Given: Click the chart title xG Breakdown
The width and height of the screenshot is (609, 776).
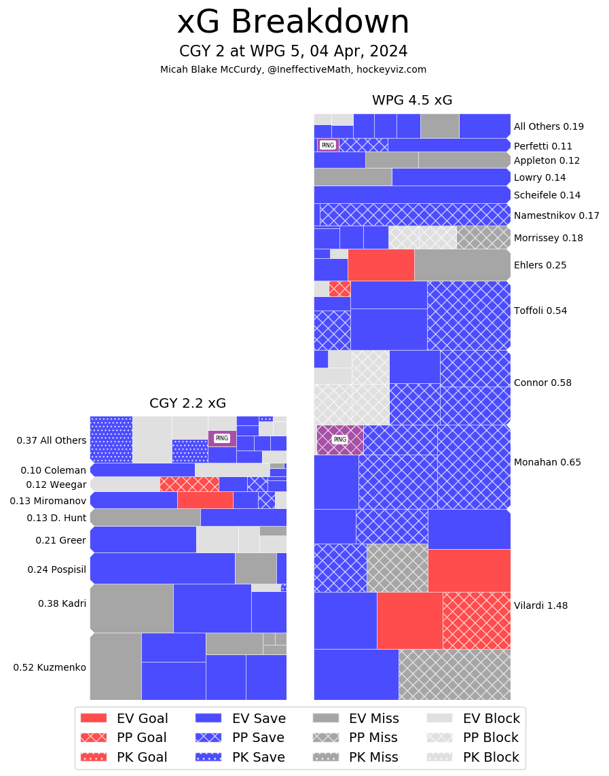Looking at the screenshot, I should [293, 23].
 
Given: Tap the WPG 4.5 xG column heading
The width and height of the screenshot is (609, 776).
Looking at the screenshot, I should [412, 101].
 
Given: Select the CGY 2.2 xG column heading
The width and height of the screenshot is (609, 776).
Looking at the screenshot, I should [188, 404].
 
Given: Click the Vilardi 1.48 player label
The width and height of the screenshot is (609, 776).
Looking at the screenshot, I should [541, 605].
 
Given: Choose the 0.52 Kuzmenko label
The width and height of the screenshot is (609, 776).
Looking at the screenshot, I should [50, 667].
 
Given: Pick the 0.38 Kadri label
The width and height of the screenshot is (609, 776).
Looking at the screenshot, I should [62, 603].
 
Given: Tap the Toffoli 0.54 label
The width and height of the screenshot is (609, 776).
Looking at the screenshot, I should [540, 311].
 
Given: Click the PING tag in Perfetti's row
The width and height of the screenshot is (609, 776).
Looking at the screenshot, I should [328, 145].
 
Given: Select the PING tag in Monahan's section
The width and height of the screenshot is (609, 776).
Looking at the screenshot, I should [340, 440].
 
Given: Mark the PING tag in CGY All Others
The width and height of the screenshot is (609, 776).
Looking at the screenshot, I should [222, 438].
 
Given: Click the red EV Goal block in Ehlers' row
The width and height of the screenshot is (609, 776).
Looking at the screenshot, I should [381, 264].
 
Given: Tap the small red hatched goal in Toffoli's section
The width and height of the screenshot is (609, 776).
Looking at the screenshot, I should [339, 289].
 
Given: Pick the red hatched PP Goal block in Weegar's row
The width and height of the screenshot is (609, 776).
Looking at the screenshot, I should [189, 484].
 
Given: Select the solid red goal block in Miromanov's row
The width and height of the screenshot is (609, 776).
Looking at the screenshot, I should [205, 500].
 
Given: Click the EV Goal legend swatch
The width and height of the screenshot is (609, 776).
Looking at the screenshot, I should [94, 718].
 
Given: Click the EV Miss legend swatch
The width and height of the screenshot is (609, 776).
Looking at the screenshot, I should [326, 718].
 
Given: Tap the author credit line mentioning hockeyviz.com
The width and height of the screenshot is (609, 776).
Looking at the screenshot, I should [293, 69].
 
